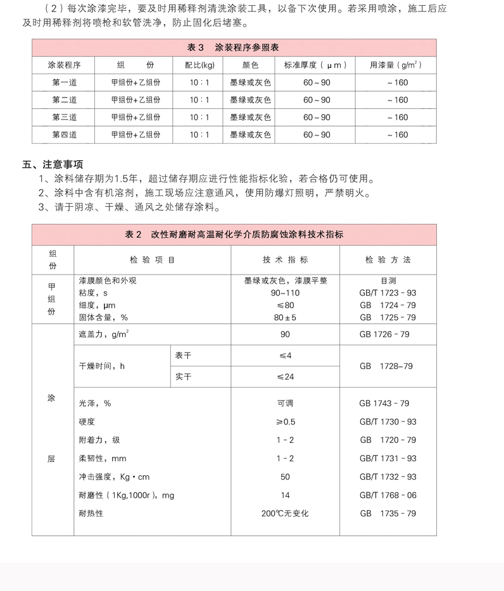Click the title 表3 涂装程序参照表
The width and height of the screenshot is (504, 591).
[234, 47]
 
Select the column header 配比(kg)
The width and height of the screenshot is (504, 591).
[199, 65]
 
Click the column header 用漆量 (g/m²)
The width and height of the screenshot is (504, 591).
[396, 65]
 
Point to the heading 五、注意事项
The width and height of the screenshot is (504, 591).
[53, 165]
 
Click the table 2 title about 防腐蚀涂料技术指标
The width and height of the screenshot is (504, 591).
[234, 234]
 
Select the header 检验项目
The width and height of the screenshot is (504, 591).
[152, 259]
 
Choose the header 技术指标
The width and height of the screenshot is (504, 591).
[285, 259]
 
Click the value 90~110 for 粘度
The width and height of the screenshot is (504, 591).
[285, 293]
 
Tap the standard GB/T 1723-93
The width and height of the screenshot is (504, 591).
[387, 293]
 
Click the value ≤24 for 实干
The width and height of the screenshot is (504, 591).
[285, 377]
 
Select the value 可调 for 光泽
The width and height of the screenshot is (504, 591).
[285, 404]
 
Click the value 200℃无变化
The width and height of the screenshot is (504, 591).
[285, 514]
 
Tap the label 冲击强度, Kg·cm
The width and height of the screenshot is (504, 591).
[114, 477]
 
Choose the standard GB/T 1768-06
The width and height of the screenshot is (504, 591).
[387, 495]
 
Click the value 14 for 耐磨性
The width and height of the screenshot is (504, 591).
[285, 495]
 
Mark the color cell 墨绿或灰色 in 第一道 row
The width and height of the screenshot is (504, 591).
[250, 82]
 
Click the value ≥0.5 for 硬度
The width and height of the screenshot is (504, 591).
[285, 422]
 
